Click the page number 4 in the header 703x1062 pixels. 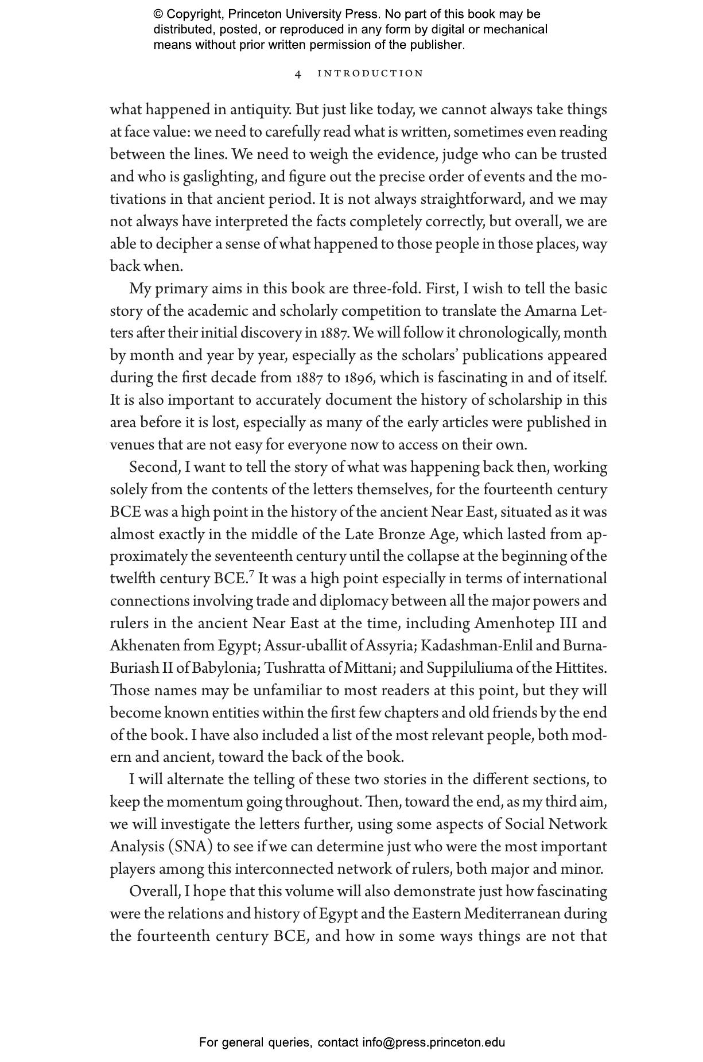[298, 73]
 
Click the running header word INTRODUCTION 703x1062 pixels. [370, 73]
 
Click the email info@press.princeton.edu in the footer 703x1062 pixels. [433, 1042]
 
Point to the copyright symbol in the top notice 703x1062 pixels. [158, 14]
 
